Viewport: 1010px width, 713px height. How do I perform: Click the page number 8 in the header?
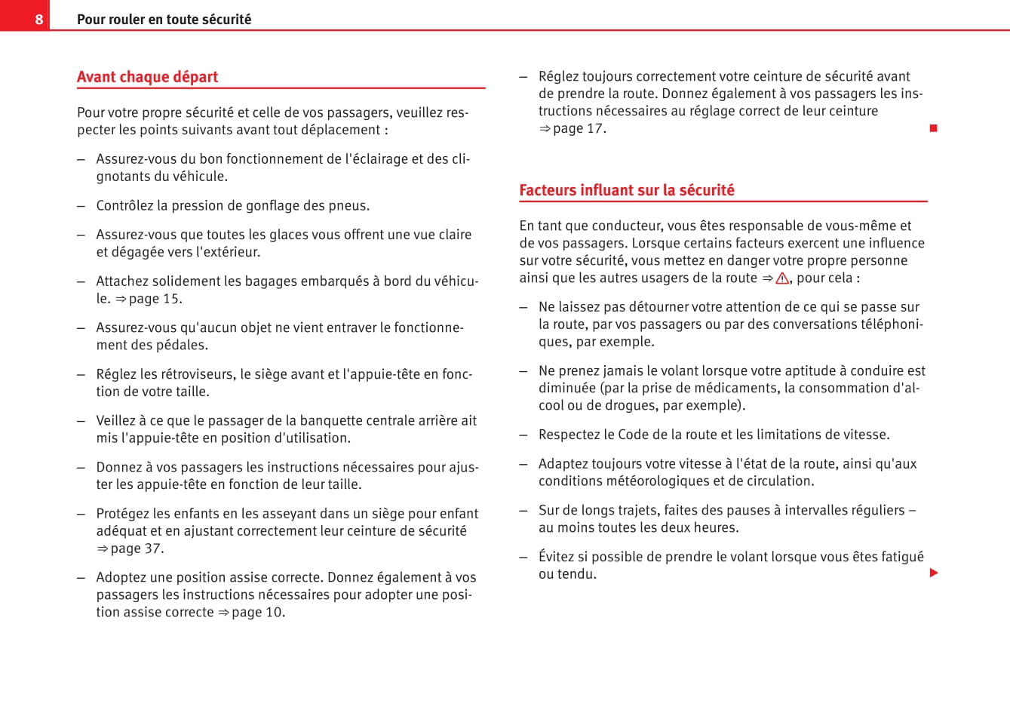pos(39,19)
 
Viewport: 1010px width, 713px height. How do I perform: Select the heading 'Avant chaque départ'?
pos(147,77)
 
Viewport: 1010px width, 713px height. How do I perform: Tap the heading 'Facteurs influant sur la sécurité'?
pos(626,190)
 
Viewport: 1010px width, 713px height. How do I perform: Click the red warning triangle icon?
pos(782,278)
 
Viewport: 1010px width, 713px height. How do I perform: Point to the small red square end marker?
pos(933,128)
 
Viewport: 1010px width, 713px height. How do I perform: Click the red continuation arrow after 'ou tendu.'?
pos(934,573)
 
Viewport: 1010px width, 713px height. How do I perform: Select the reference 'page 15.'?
pos(155,299)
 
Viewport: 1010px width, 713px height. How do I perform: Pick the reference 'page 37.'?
pos(137,549)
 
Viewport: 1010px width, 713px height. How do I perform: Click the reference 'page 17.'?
pos(579,128)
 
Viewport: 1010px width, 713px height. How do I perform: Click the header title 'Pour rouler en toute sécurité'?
pos(164,20)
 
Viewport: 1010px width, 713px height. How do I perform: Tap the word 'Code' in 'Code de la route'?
pos(633,435)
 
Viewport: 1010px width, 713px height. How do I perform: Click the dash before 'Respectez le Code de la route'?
pos(523,435)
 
